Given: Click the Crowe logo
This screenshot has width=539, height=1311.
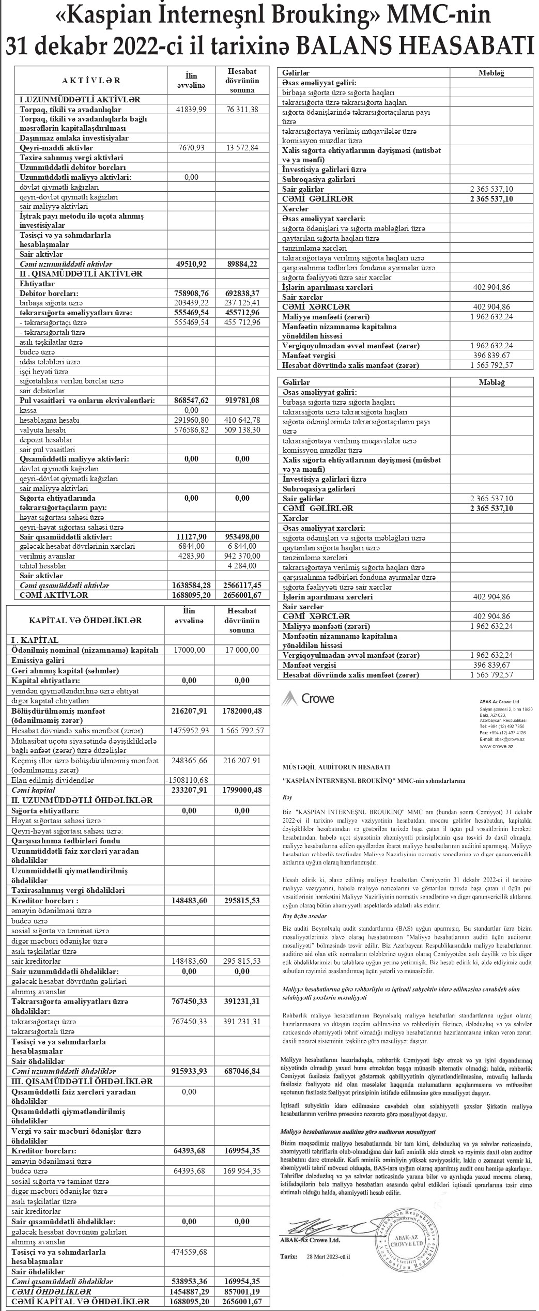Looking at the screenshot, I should click(308, 699).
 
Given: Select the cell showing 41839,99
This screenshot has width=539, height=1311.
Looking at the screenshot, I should click(191, 110).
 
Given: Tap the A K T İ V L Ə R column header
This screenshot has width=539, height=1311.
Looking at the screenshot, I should click(91, 80).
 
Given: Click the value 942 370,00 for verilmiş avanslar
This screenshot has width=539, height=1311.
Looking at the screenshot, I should click(242, 556).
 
